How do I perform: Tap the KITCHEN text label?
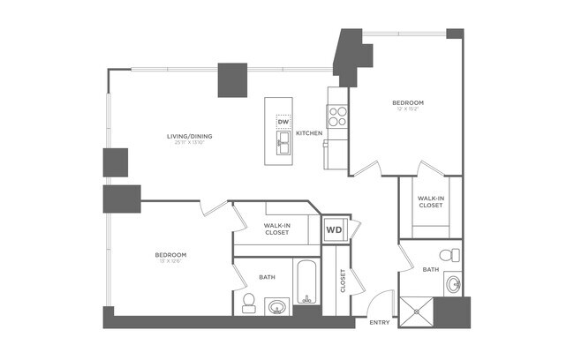tap(309, 133)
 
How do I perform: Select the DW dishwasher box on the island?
tap(283, 122)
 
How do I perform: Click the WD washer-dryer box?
tap(334, 229)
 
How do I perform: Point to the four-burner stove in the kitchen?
tap(338, 112)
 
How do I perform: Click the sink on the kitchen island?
tap(283, 143)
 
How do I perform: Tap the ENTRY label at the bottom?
tap(379, 322)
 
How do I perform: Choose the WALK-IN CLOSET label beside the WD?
tap(276, 229)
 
